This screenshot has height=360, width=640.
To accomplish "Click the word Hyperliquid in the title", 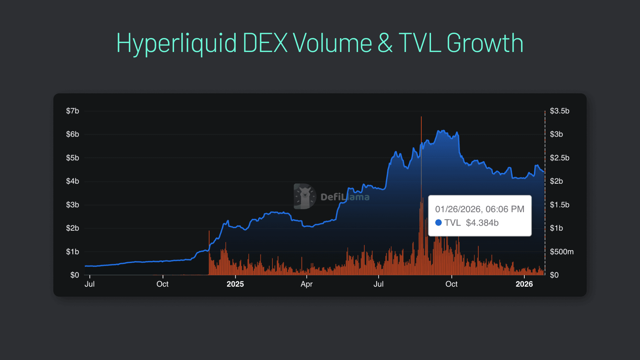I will [176, 44].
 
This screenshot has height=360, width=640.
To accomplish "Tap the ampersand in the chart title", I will [385, 44].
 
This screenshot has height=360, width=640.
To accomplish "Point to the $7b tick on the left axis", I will [72, 111].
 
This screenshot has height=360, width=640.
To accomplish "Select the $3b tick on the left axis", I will [72, 205].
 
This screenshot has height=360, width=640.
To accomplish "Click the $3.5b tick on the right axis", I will [559, 111].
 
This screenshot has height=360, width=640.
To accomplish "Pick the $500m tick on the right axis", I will [561, 252].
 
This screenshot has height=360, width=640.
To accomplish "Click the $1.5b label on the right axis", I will [559, 205].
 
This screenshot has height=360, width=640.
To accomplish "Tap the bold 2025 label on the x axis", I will [235, 284].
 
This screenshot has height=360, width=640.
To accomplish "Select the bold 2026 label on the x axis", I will [524, 284].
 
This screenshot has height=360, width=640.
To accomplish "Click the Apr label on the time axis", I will [306, 284].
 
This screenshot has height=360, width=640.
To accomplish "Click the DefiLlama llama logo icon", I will [304, 196].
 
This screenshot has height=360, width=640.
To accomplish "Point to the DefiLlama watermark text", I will [345, 197].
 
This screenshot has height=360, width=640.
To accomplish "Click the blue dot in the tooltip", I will [438, 223].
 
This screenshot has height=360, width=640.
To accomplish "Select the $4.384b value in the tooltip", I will [482, 223].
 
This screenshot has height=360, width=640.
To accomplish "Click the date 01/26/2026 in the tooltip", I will [458, 209].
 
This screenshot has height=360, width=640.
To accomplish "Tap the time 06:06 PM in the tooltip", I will [505, 209].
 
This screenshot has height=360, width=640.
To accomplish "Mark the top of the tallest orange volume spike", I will [421, 117].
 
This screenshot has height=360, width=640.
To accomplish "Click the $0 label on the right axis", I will [554, 275].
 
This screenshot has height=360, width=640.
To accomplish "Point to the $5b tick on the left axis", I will [72, 158].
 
